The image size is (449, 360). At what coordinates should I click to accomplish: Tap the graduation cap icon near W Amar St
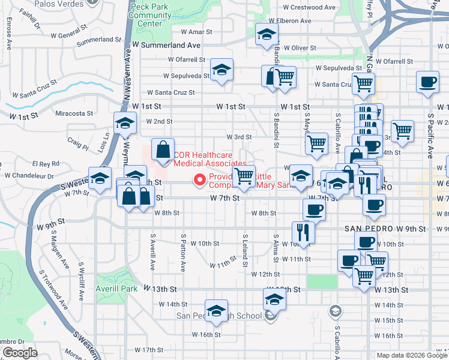(267, 35)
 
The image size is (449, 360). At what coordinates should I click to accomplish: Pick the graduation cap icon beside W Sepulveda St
(221, 70)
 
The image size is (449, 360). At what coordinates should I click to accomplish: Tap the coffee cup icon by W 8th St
(314, 210)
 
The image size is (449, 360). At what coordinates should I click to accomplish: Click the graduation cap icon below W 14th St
(216, 310)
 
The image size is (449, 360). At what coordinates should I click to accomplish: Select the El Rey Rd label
(46, 163)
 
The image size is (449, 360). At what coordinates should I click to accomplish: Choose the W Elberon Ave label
(288, 21)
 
